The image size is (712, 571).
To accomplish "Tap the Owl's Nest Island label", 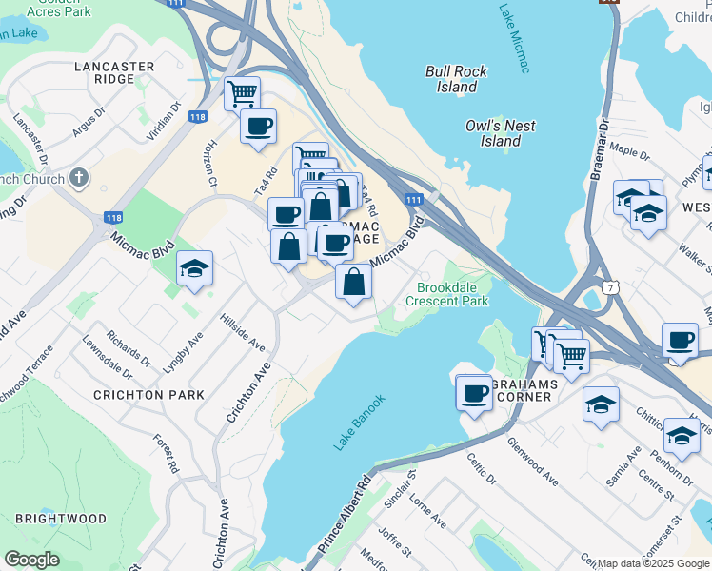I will (500, 133).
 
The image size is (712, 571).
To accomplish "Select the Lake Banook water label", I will (360, 422).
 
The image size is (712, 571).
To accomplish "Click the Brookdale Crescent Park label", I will (446, 294).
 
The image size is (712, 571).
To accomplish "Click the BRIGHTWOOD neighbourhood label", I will (60, 519).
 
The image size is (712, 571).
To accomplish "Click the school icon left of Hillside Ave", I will (194, 269).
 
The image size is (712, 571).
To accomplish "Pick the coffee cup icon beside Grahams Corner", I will (474, 393).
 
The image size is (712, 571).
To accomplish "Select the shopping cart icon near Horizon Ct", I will (243, 93).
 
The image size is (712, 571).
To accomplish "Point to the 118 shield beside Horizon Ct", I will (198, 117).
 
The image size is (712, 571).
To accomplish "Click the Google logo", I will (31, 560).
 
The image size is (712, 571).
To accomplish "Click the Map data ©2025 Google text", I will (653, 563).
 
